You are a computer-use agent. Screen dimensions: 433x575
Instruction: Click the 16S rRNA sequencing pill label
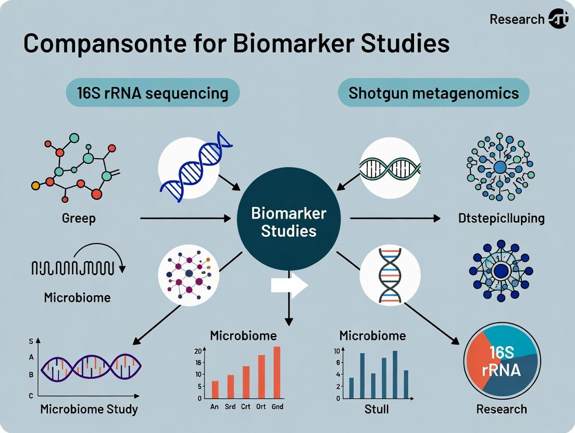point(153,93)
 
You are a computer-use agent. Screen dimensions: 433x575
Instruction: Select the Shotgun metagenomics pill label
point(433,93)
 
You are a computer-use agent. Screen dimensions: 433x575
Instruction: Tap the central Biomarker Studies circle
point(289,221)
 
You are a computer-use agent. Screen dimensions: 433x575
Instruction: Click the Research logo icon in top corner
point(558,19)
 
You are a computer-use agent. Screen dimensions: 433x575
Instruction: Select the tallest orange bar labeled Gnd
point(277,372)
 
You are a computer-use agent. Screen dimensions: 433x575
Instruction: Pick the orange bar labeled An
point(215,389)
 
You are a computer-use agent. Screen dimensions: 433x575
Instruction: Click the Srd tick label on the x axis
point(230,406)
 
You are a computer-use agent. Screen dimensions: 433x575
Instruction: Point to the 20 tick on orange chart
point(198,350)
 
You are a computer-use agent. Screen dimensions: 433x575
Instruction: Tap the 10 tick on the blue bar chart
point(337,350)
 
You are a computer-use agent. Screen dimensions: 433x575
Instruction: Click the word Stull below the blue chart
point(376,409)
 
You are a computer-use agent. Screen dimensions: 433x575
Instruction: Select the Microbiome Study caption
point(89,409)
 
